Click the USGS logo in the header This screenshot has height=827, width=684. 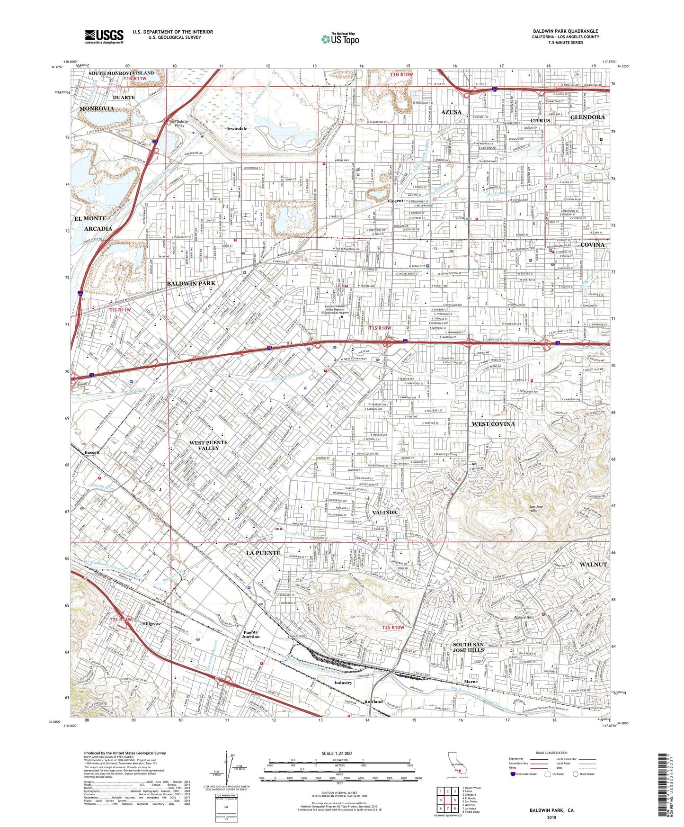[104, 36]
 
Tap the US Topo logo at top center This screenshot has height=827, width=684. [340, 39]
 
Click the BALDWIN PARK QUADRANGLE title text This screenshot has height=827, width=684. [565, 31]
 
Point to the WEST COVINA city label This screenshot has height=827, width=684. [493, 424]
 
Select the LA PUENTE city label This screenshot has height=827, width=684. [263, 553]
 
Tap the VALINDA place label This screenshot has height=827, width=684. [384, 512]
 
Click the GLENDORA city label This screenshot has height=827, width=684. [587, 117]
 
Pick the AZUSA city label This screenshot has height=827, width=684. [451, 112]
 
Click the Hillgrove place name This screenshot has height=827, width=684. [151, 624]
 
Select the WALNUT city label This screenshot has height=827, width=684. [593, 565]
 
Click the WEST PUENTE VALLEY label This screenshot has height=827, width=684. [208, 445]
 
